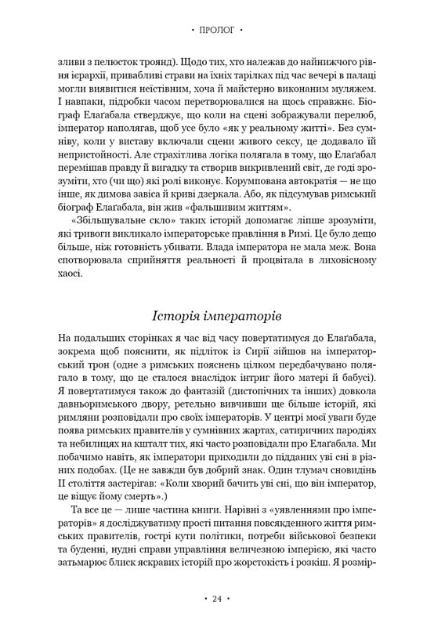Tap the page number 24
click(x=217, y=599)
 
